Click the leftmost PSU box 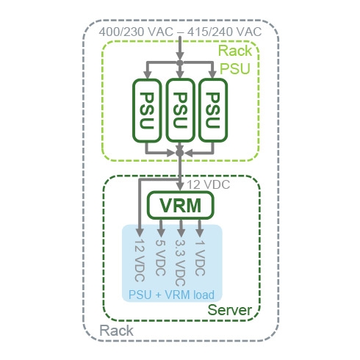click(147, 110)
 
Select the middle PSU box click(180, 110)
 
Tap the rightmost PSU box click(213, 110)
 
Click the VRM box click(180, 205)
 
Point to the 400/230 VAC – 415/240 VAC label click(180, 32)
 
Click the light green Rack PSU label click(235, 60)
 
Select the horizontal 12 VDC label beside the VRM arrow click(209, 184)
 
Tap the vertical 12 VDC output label click(140, 260)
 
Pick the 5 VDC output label click(160, 258)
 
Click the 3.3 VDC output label click(181, 263)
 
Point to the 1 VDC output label click(200, 258)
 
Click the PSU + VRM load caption click(171, 295)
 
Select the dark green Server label click(229, 310)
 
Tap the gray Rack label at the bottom click(116, 331)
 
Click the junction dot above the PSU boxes click(180, 62)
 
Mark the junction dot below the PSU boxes click(180, 153)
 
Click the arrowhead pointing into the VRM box click(180, 186)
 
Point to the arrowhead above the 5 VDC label click(161, 232)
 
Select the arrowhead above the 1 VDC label click(200, 232)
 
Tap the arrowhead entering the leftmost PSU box click(147, 74)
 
